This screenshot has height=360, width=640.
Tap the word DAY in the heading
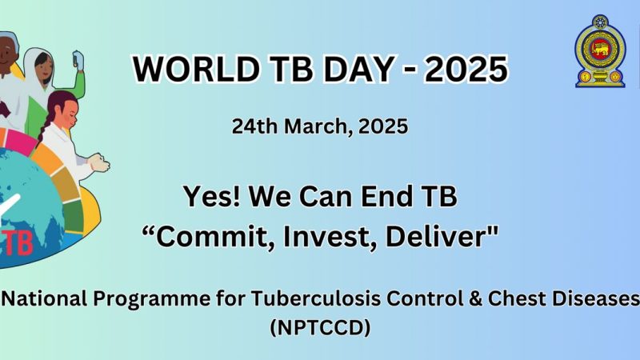coord(358,69)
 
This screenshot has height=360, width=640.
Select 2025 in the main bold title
coord(466,69)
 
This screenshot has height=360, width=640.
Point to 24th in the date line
coord(254,126)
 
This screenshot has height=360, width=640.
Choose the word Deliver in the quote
coord(442,237)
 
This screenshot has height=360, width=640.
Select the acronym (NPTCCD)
coord(321,328)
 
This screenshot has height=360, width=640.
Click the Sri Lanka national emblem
coord(600,51)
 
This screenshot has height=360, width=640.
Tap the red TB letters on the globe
coord(17,243)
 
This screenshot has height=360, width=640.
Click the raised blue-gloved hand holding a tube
coord(78,60)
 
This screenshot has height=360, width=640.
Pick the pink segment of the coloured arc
coord(21,142)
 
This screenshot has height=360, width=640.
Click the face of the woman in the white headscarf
coord(43,68)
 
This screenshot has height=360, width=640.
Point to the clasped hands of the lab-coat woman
coord(99,163)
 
